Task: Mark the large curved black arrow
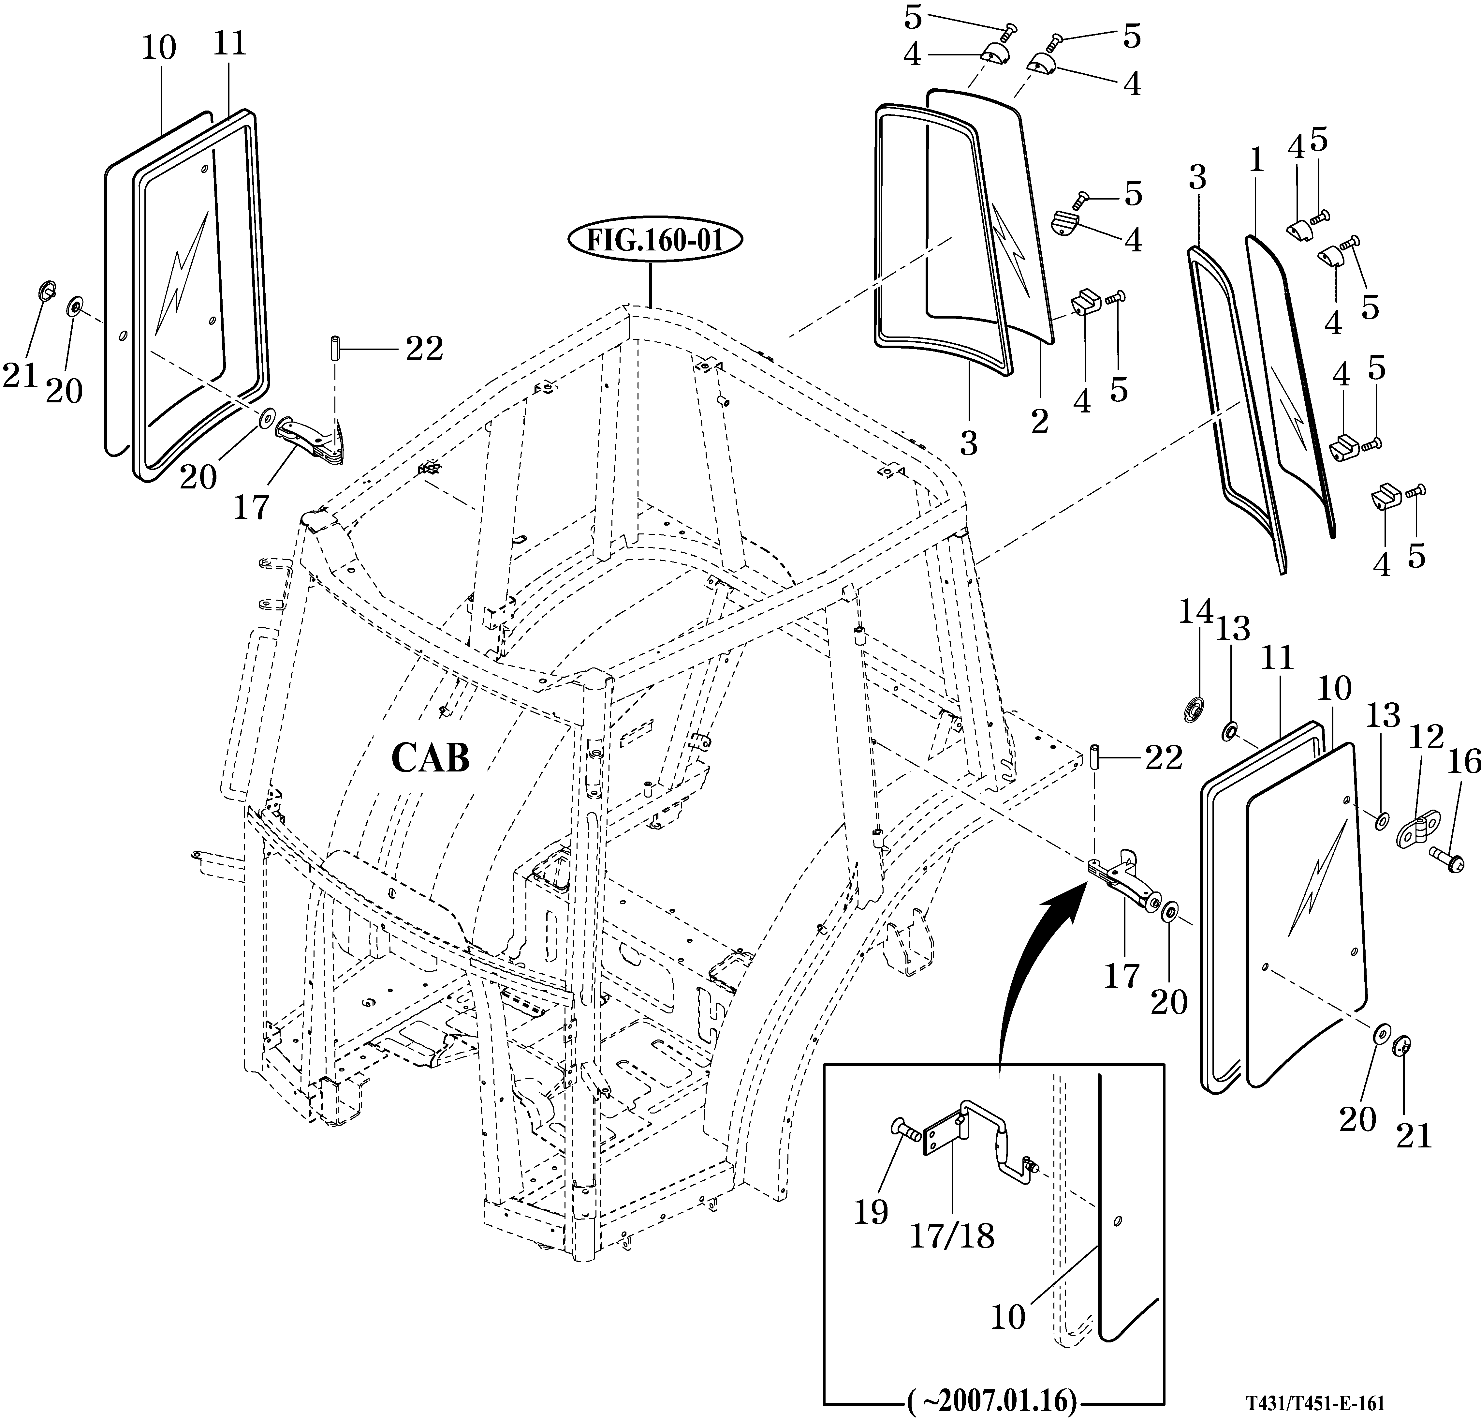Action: point(1028,975)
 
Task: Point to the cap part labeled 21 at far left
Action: point(45,290)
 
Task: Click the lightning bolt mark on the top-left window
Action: point(181,272)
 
